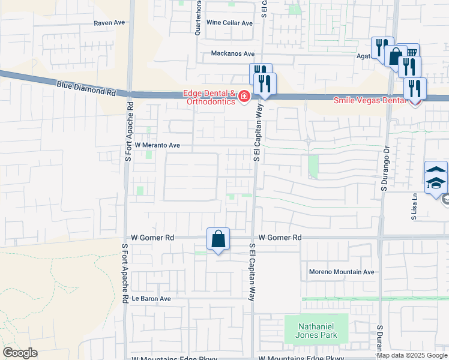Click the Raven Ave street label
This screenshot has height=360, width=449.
point(109,23)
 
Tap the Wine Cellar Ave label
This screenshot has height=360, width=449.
point(229,23)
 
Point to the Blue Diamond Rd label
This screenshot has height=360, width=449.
point(86,89)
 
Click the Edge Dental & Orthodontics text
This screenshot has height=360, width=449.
point(210,97)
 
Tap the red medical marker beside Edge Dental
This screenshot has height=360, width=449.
point(244,97)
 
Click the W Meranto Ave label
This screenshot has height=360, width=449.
point(157,145)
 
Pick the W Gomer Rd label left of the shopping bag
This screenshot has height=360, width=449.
point(152,238)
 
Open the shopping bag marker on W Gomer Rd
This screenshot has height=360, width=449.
point(218,239)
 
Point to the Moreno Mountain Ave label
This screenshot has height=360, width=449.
point(342,272)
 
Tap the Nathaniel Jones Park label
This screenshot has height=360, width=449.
point(316,331)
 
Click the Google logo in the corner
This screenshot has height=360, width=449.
point(20,353)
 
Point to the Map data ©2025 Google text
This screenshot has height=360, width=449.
point(412,355)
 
